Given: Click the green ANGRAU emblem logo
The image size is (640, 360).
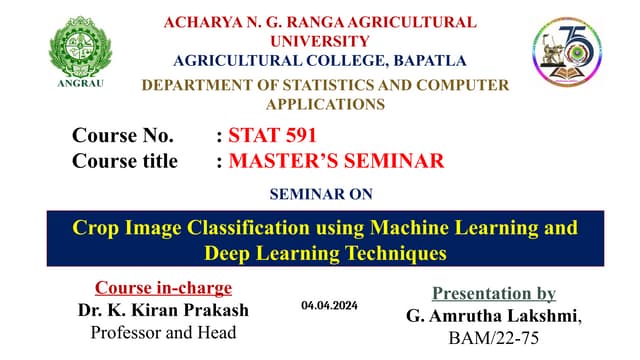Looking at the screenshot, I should pyautogui.click(x=81, y=48).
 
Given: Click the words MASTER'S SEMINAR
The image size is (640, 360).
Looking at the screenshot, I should pyautogui.click(x=336, y=160).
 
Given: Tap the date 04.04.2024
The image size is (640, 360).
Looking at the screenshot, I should pyautogui.click(x=329, y=303).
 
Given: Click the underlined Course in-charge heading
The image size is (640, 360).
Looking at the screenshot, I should pyautogui.click(x=163, y=288).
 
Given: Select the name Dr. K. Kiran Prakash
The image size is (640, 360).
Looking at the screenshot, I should pyautogui.click(x=163, y=309).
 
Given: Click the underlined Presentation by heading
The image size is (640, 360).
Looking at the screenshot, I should pyautogui.click(x=493, y=293).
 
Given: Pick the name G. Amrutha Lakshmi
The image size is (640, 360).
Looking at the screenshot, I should pyautogui.click(x=493, y=316).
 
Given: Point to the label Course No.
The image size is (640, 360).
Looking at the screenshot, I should pyautogui.click(x=123, y=135).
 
